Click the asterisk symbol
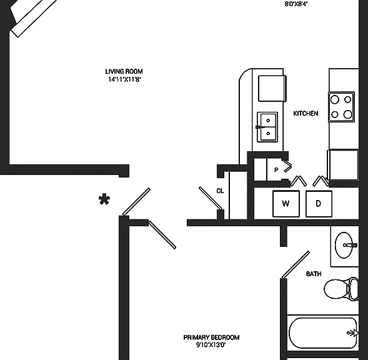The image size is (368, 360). tap(104, 199)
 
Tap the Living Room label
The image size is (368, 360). tap(124, 71)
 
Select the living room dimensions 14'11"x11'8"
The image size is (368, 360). tap(124, 79)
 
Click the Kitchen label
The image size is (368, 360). tap(306, 113)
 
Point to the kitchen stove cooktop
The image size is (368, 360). tap(342, 107)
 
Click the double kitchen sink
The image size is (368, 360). tap(267, 127)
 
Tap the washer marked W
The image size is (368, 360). tap(286, 204)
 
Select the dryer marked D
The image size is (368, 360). tap(319, 204)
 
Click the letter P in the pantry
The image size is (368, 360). tap(276, 170)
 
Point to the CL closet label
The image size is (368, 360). tap(220, 191)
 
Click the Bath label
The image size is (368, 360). tap(314, 274)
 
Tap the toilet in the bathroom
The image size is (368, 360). tap(341, 288)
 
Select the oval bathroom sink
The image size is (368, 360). tap(344, 245)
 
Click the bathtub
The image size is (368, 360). tap(323, 333)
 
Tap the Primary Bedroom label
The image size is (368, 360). tap(211, 337)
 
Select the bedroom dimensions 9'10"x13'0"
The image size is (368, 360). tap(211, 345)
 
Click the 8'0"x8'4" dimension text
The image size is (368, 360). tap(296, 4)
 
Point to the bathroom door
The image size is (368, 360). tap(296, 265)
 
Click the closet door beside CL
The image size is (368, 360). tap(211, 198)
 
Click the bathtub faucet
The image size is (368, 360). tap(353, 332)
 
